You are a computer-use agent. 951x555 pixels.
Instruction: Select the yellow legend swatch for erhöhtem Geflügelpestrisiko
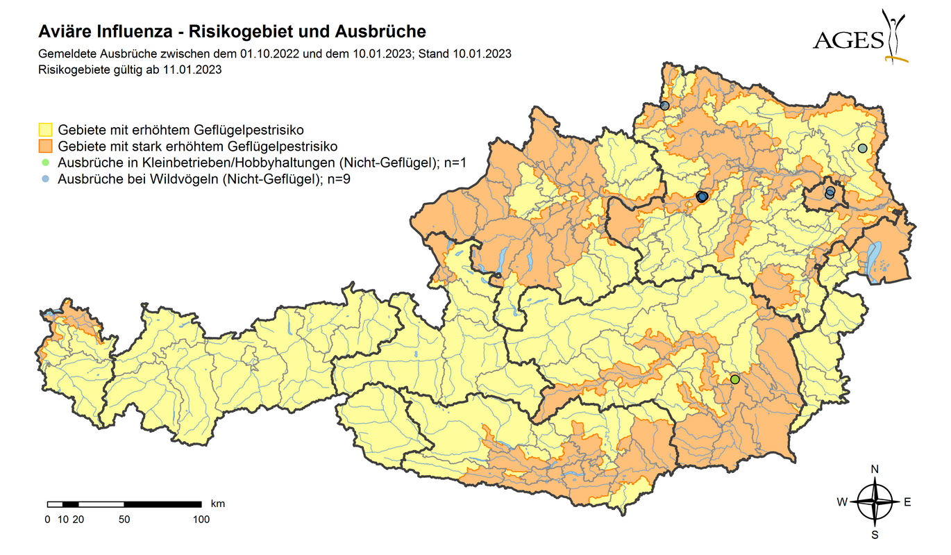(x=45, y=130)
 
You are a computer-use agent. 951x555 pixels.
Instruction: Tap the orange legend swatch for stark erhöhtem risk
(x=45, y=147)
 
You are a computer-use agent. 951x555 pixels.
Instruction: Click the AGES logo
(x=860, y=38)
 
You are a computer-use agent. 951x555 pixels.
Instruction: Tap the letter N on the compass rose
(x=875, y=470)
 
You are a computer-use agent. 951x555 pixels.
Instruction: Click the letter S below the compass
(x=875, y=535)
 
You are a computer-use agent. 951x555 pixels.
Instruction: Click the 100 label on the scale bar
(x=201, y=519)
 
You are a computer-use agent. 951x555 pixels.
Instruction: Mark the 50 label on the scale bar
(x=124, y=519)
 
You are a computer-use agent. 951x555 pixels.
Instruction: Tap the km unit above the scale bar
(x=217, y=502)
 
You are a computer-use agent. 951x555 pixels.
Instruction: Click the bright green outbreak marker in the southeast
(x=735, y=379)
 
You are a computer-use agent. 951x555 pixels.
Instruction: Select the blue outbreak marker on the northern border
(x=664, y=106)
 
